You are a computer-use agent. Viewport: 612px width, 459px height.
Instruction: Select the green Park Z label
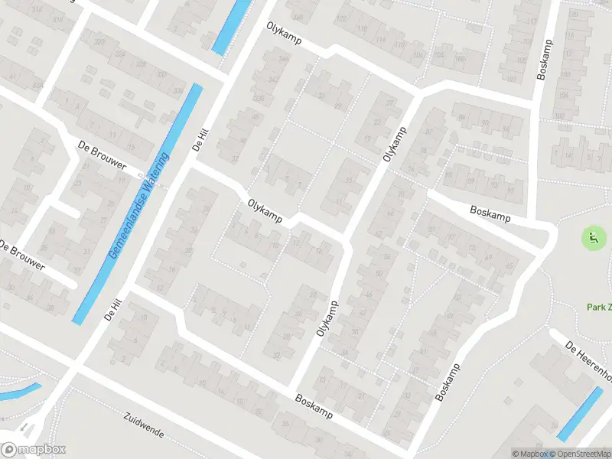tap(598, 307)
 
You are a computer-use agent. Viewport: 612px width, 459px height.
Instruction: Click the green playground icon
tap(592, 238)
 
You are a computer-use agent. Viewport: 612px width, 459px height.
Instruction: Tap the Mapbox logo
tap(33, 449)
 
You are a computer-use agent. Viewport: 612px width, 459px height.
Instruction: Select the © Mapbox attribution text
tap(531, 454)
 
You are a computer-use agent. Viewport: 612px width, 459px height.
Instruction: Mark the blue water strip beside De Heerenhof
tap(579, 414)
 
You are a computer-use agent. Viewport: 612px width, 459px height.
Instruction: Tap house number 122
tap(341, 18)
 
